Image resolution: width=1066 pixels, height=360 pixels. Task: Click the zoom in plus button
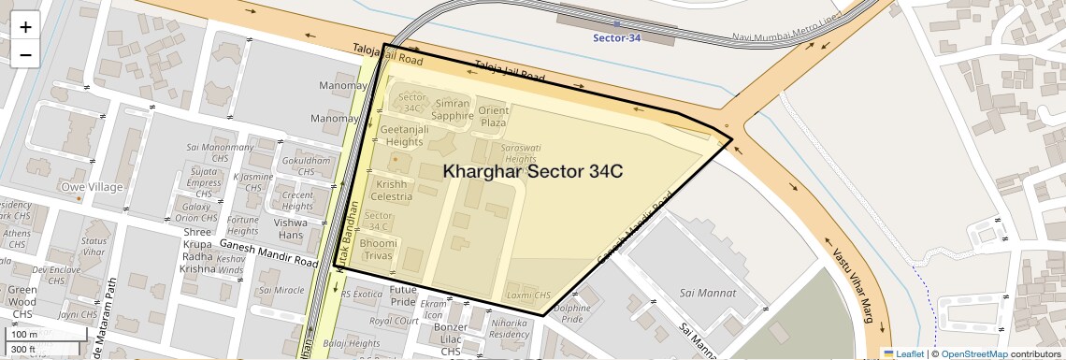point(25,27)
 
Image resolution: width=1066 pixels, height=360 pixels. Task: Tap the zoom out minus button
point(25,54)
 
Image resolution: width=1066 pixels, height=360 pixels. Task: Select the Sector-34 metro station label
point(617,37)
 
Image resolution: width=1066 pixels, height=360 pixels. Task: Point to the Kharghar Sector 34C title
point(532,172)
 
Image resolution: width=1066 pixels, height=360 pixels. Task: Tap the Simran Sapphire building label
point(453,109)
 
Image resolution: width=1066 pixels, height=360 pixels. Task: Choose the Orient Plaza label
point(493,116)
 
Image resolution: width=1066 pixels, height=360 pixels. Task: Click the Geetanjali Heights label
point(401,135)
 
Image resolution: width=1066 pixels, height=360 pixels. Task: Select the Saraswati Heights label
point(520,153)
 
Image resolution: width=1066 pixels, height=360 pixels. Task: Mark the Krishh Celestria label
point(391,190)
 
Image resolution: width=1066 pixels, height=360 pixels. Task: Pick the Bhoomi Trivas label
point(379,250)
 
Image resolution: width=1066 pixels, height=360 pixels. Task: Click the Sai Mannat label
point(708,293)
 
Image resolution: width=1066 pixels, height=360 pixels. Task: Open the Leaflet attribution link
point(903,353)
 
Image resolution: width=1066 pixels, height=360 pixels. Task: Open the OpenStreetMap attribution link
point(973,353)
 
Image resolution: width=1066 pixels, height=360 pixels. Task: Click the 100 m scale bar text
point(24,335)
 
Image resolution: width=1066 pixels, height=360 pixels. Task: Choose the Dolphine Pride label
point(571,313)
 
